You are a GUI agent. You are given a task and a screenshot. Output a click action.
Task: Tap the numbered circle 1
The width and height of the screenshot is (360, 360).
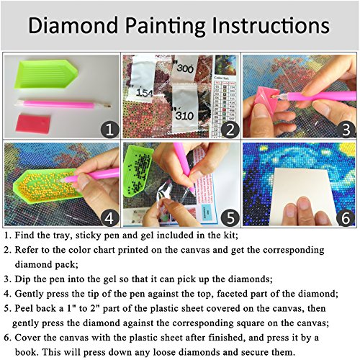tap(109, 129)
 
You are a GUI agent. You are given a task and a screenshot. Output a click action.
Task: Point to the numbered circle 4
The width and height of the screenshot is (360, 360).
tap(109, 216)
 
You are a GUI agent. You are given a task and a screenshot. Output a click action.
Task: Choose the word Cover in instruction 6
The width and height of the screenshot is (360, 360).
tap(35, 340)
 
